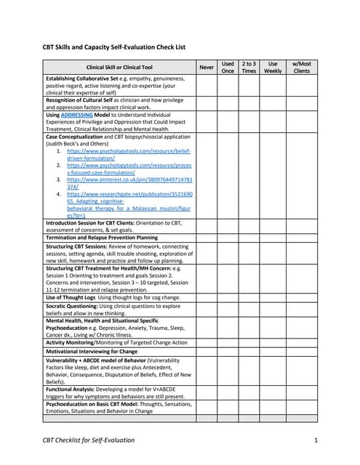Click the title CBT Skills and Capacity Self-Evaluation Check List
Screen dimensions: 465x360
pyautogui.click(x=116, y=47)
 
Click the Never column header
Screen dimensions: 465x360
pyautogui.click(x=207, y=68)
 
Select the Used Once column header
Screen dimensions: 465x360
pyautogui.click(x=228, y=68)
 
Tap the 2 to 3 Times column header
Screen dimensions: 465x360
pyautogui.click(x=249, y=68)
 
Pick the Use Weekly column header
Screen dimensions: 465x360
pyautogui.click(x=273, y=68)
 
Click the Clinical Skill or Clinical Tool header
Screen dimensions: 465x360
pyautogui.click(x=120, y=68)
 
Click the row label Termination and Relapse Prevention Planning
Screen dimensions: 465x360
pyautogui.click(x=101, y=238)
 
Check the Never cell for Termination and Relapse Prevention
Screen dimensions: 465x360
pyautogui.click(x=207, y=238)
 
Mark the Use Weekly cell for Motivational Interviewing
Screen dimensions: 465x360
pyautogui.click(x=273, y=351)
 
